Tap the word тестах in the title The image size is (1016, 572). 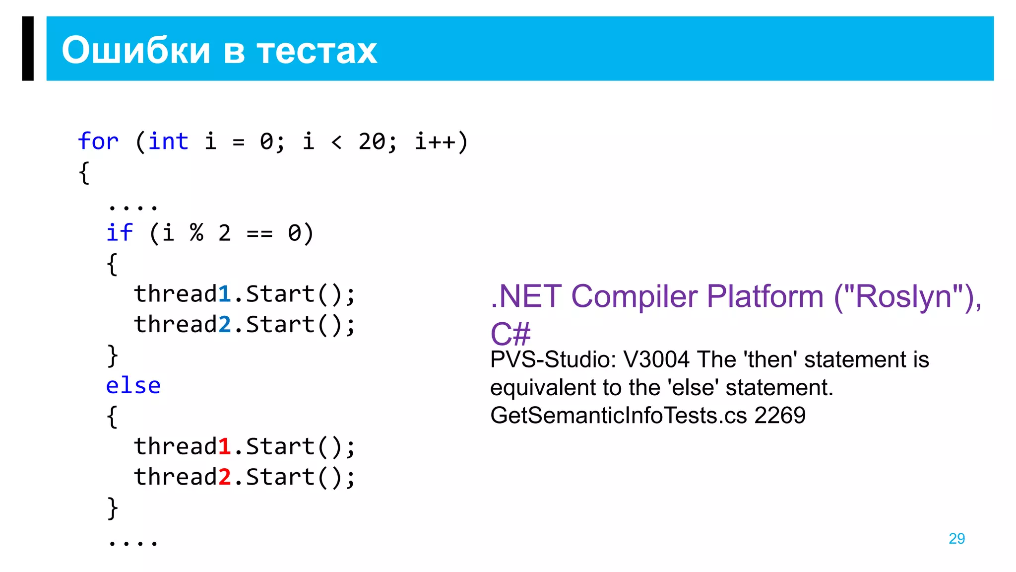pos(317,51)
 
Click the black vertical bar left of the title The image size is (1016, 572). pos(28,48)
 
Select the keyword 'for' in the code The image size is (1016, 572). pos(98,142)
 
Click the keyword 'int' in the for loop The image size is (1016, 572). pos(169,142)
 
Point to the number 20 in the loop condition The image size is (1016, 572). pos(372,142)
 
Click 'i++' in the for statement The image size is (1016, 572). pos(435,142)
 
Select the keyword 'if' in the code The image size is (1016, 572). pos(120,233)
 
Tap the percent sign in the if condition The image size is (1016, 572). pos(196,233)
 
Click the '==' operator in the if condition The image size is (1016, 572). pos(259,233)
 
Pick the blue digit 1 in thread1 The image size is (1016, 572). pos(225,294)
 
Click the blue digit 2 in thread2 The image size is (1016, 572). pos(225,325)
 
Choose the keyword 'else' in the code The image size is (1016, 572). pos(133,386)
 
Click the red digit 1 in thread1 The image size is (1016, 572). pos(225,446)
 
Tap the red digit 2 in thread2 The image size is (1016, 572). pos(225,477)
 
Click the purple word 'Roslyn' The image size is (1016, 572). pos(903,297)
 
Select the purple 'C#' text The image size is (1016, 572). pos(510,334)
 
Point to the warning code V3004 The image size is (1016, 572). pos(656,359)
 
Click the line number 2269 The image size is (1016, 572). pos(780,415)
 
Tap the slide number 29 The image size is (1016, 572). pos(956,539)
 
